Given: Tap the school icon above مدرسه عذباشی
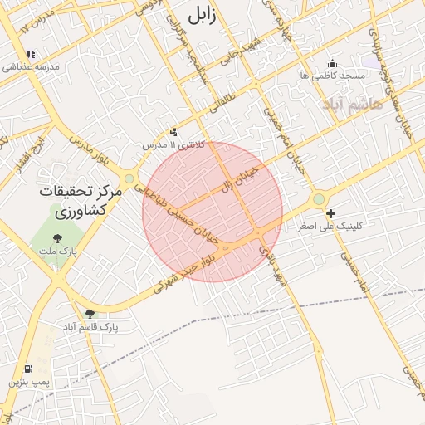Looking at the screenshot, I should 31,55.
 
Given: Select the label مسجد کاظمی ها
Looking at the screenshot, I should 334,76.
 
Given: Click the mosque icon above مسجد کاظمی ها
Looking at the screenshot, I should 334,63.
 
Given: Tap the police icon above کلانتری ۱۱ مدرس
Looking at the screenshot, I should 173,132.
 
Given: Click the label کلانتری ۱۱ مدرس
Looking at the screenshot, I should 173,144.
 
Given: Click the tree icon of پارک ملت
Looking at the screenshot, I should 56,239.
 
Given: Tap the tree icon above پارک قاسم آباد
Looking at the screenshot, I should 90,313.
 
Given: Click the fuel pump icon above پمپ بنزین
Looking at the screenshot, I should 30,369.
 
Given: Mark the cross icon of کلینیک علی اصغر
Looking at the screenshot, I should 331,214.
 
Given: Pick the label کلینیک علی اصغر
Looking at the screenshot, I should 330,226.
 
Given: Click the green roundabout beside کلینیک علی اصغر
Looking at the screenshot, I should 319,199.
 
